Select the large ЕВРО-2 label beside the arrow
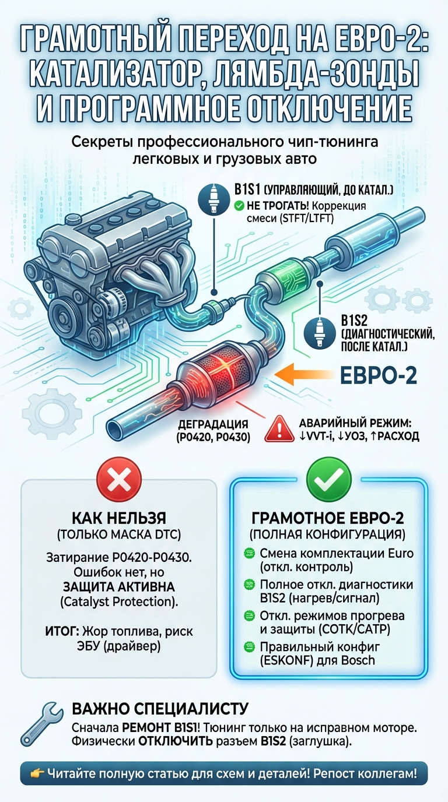coord(378,375)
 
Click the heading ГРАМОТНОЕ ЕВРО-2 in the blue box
coord(328,518)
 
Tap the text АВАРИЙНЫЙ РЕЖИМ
coord(354,424)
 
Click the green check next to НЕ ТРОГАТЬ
coord(238,205)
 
